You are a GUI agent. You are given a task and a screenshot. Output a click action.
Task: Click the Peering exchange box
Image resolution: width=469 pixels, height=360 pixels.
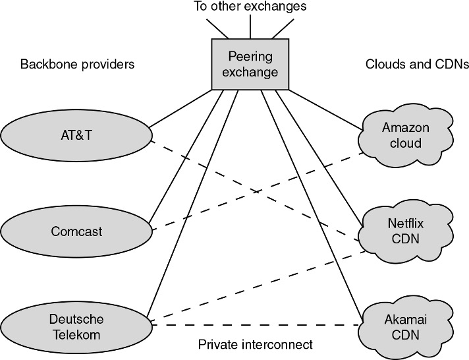pos(250,64)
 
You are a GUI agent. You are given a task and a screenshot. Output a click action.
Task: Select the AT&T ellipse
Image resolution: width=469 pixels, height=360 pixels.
pos(76,135)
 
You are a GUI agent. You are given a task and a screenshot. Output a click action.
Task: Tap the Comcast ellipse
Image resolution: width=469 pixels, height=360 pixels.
pos(76,231)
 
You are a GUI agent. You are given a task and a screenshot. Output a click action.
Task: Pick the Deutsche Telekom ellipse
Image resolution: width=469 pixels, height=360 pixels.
pos(76,326)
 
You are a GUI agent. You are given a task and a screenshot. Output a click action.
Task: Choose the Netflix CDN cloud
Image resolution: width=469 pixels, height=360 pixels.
pos(405,231)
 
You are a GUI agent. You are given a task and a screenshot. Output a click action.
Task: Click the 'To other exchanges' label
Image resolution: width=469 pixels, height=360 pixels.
pos(250,8)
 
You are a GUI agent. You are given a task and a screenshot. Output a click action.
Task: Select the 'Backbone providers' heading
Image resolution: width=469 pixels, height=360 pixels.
pos(77,65)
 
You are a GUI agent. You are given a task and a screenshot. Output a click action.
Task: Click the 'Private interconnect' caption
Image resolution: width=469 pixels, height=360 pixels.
pos(256,344)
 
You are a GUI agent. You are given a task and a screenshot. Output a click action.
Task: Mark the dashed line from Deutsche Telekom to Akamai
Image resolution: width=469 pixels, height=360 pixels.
pos(257,324)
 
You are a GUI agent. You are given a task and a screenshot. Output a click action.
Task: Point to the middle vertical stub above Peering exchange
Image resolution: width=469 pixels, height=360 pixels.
pos(250,28)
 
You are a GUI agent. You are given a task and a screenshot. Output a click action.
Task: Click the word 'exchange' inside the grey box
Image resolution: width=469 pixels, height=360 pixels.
pos(250,71)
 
